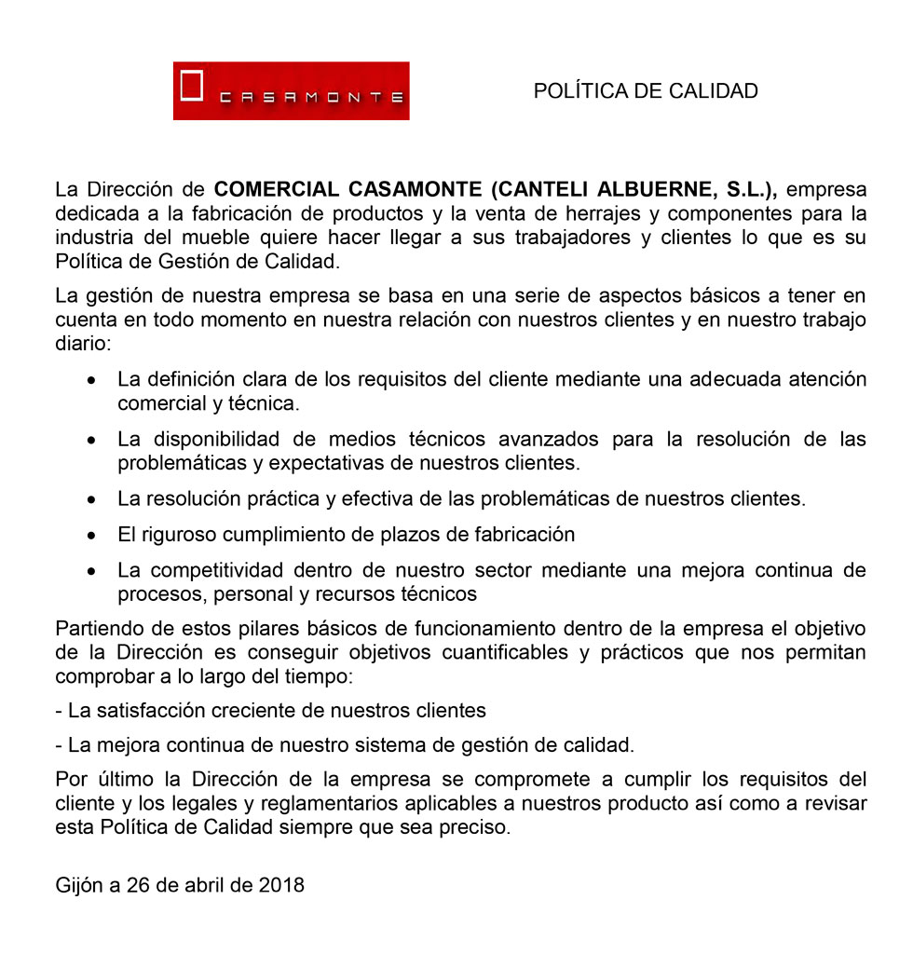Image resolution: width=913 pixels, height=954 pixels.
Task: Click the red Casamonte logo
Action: [291, 90]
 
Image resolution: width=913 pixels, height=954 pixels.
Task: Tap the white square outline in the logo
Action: [192, 84]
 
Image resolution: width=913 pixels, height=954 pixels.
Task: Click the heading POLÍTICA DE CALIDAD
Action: [646, 90]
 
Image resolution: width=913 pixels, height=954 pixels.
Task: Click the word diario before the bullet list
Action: [82, 343]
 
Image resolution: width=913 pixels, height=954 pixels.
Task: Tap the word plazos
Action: [398, 535]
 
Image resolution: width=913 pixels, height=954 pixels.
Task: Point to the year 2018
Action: [279, 885]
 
